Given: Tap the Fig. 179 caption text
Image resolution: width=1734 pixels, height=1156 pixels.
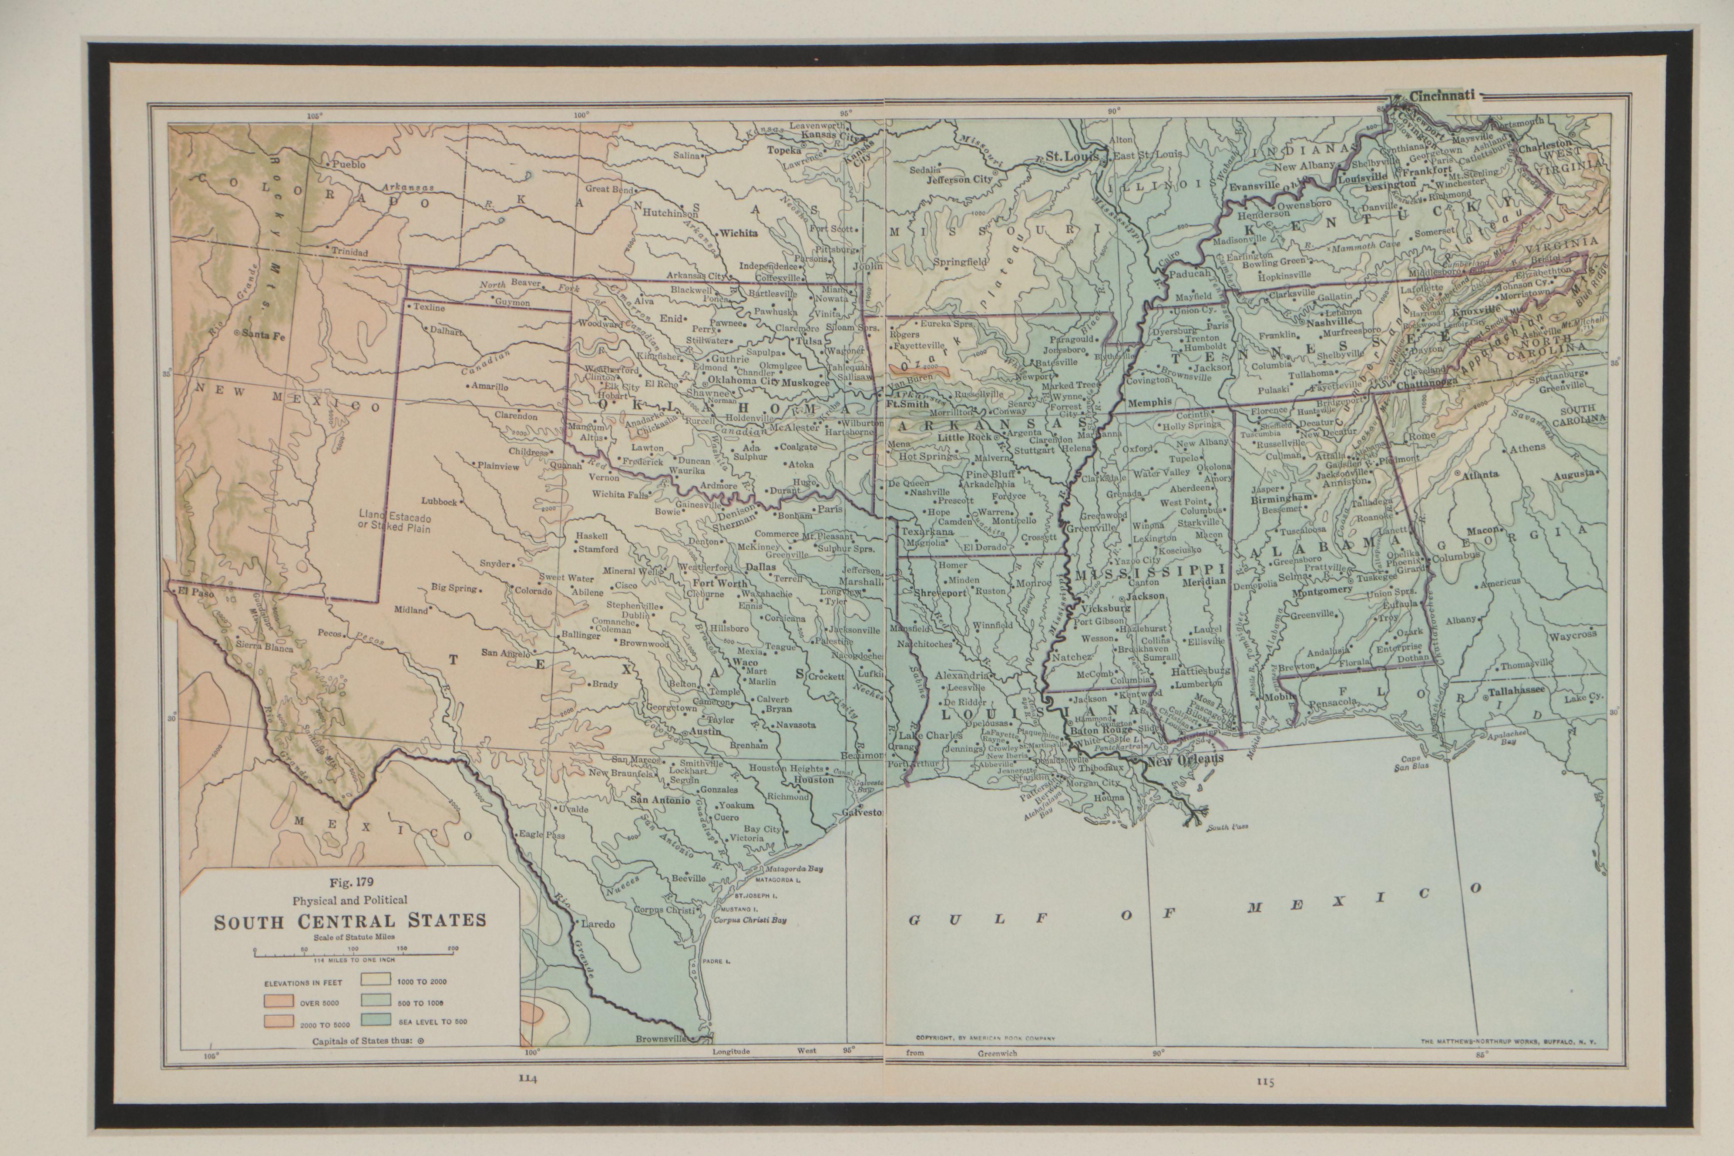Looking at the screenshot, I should click(349, 882).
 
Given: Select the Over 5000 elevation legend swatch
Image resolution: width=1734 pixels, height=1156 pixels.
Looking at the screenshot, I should click(281, 1003).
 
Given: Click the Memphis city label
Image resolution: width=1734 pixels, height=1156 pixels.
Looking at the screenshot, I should click(1149, 403).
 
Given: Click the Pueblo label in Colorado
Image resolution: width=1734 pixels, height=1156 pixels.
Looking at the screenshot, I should click(349, 165).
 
